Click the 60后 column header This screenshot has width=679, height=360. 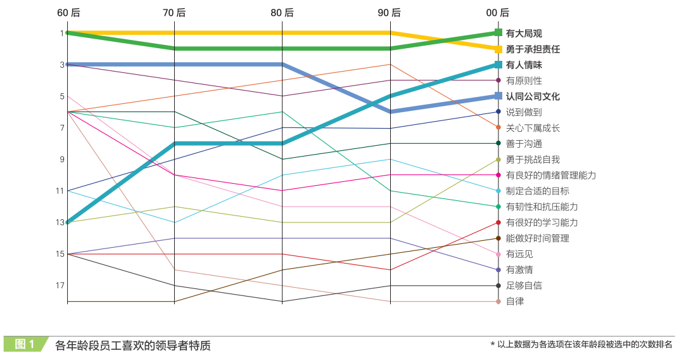tap(67, 13)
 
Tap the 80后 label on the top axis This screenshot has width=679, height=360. tap(282, 13)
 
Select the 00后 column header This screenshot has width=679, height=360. tap(498, 13)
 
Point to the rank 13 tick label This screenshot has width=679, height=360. tap(60, 222)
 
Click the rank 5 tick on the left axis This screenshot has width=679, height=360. tap(62, 96)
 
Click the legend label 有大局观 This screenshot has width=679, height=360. tap(524, 34)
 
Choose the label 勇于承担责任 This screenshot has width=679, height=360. tap(533, 49)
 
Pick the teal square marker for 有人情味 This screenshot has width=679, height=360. tap(498, 65)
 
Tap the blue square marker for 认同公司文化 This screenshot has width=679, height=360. tap(498, 96)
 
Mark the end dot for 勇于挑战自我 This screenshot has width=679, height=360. tap(498, 159)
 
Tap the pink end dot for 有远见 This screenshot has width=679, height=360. tap(498, 254)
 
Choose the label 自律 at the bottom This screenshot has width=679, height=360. tap(515, 302)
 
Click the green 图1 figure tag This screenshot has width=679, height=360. tap(25, 344)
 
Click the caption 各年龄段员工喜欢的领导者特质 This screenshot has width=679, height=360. tap(132, 345)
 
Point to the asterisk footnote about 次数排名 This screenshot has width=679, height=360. tap(581, 345)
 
